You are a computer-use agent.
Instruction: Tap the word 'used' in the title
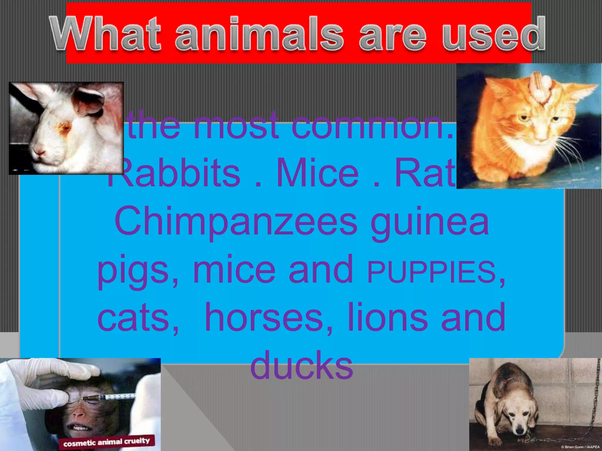click(494, 35)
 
